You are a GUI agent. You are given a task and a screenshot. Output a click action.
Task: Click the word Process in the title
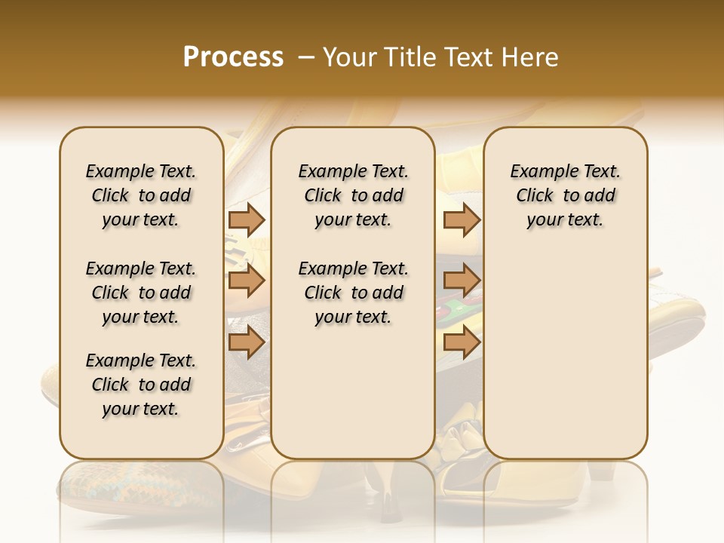click(x=233, y=57)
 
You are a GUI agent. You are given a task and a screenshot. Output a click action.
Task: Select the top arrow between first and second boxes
click(x=247, y=219)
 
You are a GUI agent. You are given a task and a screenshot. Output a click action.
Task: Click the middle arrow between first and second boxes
click(x=247, y=281)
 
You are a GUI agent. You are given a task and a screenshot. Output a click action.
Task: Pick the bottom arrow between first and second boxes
click(x=247, y=342)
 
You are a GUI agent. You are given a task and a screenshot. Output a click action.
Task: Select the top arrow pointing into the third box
click(x=462, y=219)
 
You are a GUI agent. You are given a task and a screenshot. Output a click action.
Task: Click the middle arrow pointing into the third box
click(x=462, y=281)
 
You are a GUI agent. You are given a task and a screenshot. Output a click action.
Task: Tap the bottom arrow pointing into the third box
click(x=462, y=342)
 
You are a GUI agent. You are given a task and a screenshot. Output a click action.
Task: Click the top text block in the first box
click(x=141, y=195)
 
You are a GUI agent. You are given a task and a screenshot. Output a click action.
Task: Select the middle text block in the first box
click(x=141, y=293)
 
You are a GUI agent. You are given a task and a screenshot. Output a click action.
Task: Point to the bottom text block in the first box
click(x=141, y=385)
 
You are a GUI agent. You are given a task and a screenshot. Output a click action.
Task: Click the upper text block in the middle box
click(x=353, y=195)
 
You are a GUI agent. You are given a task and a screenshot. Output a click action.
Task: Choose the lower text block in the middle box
click(x=353, y=293)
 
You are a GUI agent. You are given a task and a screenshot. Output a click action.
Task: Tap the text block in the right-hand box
click(x=565, y=195)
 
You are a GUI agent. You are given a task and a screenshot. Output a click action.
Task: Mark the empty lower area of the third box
click(x=565, y=354)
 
